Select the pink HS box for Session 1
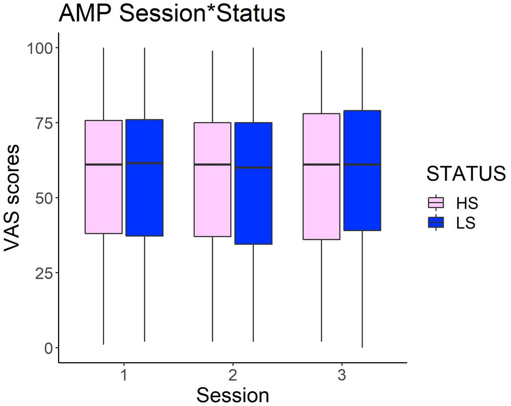click(103, 177)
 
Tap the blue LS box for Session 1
click(144, 178)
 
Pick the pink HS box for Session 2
click(212, 180)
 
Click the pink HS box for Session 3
click(321, 176)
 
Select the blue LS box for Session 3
click(362, 171)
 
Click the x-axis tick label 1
click(124, 376)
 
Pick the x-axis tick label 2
click(233, 376)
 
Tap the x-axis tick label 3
click(342, 376)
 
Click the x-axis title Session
click(233, 395)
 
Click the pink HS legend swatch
click(436, 203)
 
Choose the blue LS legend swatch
click(436, 223)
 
